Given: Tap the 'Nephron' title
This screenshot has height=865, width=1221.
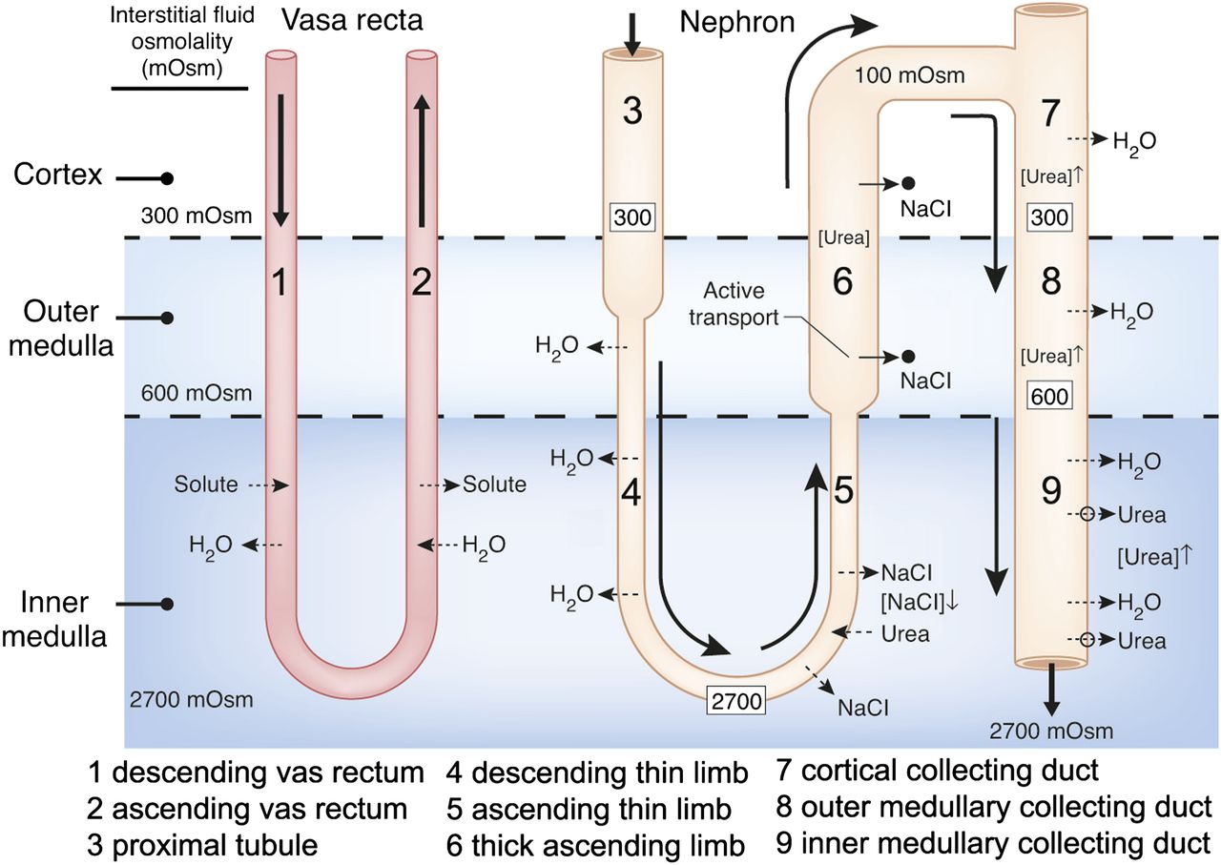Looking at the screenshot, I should click(736, 22).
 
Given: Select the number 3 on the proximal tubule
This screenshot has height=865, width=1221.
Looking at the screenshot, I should click(632, 112).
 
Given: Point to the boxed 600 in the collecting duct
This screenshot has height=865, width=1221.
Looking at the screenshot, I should click(1050, 396).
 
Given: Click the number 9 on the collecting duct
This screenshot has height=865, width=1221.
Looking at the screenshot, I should click(1050, 491).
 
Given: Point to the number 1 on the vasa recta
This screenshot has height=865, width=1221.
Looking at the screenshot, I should click(279, 281).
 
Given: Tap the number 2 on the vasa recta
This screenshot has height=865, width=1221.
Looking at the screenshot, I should click(421, 281).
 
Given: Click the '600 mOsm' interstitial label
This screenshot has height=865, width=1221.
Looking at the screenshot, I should click(197, 392).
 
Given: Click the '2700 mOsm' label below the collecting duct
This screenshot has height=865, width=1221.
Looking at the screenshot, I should click(1050, 731).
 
